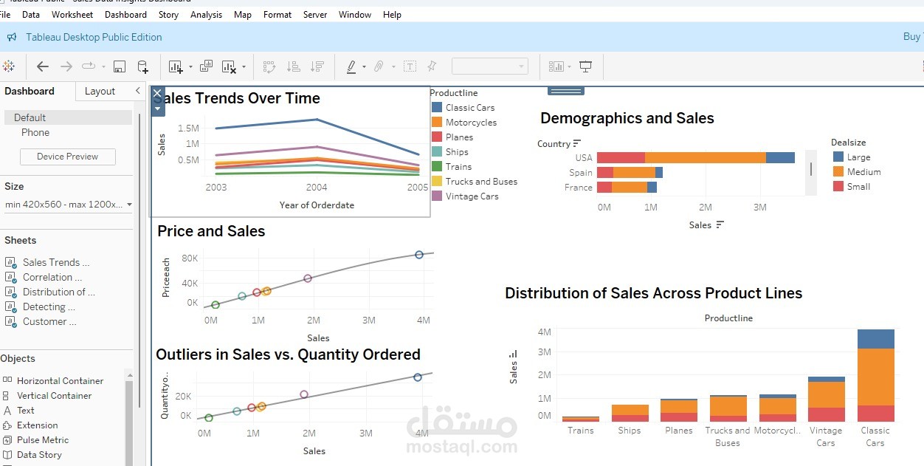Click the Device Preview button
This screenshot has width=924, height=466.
67,157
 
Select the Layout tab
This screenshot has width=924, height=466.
100,92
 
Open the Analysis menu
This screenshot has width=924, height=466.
206,15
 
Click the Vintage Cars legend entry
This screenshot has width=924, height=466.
472,196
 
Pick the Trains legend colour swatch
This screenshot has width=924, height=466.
437,167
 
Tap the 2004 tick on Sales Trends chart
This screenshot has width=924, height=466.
317,188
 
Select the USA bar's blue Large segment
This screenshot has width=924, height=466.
780,157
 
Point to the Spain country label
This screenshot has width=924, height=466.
580,173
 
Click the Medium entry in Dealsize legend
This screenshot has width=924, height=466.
863,172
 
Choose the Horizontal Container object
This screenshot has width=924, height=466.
60,381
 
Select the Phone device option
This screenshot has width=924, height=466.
35,133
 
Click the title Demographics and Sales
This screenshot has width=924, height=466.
627,118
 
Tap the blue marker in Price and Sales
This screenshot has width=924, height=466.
419,255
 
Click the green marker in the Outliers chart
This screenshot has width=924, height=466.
209,418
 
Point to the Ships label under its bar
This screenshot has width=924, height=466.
630,431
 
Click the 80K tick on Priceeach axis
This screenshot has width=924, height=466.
190,258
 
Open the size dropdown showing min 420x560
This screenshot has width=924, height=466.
68,205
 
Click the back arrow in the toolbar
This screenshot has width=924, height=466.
43,66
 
